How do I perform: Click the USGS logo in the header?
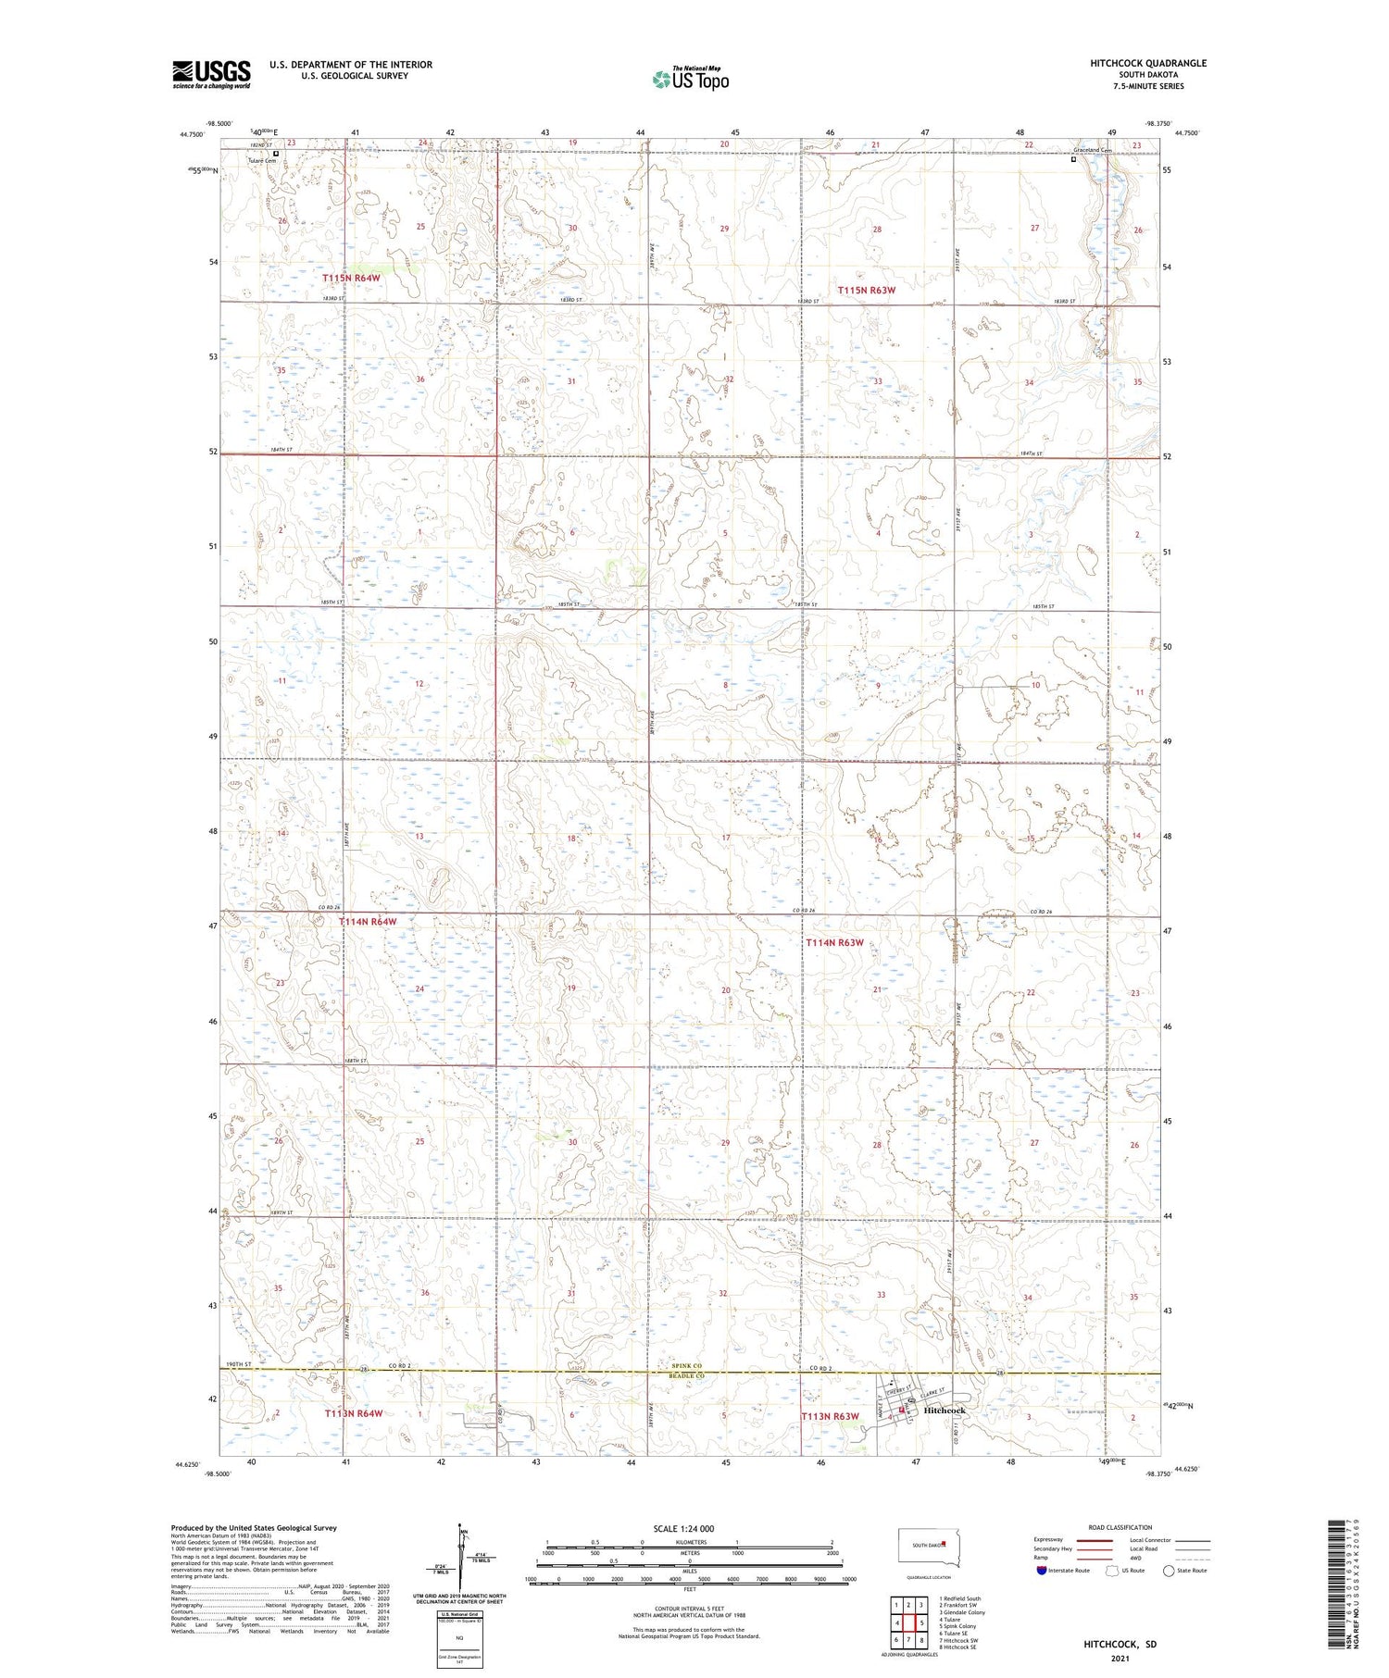click(211, 74)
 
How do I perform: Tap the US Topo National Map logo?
click(690, 79)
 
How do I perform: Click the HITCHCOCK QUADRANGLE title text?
click(1148, 63)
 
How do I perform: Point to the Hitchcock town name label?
click(944, 1411)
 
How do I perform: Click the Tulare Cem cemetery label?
click(262, 161)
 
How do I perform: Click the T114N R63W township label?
click(834, 942)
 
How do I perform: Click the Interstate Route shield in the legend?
click(1042, 1571)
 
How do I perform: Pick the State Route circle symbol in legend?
click(1169, 1571)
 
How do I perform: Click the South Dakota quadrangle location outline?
click(930, 1547)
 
